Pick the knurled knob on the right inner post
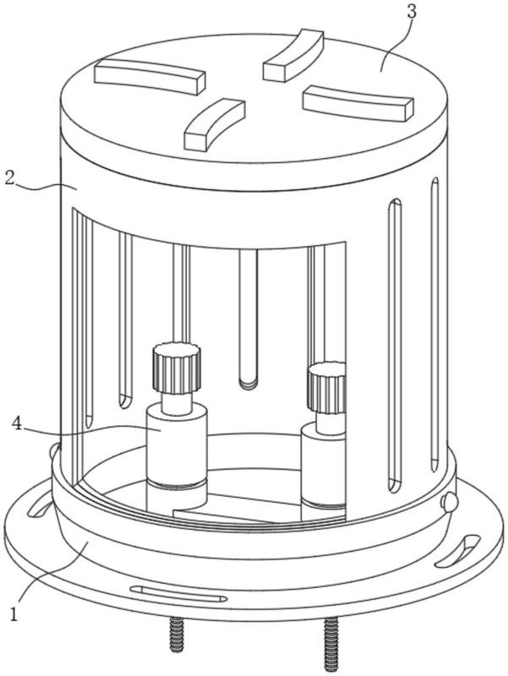pos(327,387)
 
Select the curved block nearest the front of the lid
pos(213,123)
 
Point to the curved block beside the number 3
pos(292,54)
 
